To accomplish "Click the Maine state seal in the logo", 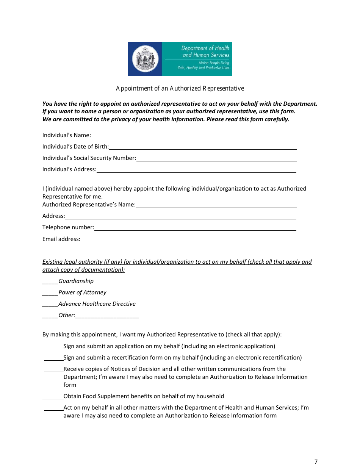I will tap(145, 59).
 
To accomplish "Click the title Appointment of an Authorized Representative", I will tap(180, 88).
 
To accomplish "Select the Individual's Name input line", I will tap(193, 135).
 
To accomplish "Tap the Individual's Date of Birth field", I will tap(202, 147).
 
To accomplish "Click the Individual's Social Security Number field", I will tap(216, 158).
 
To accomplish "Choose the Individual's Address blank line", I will tap(196, 169).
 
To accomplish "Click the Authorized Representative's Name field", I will tap(216, 205).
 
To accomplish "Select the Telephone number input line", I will tap(195, 227).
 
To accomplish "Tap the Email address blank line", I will tap(188, 239).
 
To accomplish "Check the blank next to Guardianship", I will tap(50, 281).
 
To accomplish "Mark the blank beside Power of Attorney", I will tap(50, 292).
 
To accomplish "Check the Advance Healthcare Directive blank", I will tap(50, 304).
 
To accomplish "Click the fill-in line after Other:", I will tap(107, 315).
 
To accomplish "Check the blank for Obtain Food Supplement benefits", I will tap(53, 396).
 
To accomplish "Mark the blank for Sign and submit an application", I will tap(53, 346).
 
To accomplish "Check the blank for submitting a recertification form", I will tap(53, 358).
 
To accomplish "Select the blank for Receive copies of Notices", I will tap(53, 369).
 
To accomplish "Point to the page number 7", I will tap(316, 461).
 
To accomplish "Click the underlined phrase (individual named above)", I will tap(79, 189).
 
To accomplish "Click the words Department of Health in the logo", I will tap(205, 48).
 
